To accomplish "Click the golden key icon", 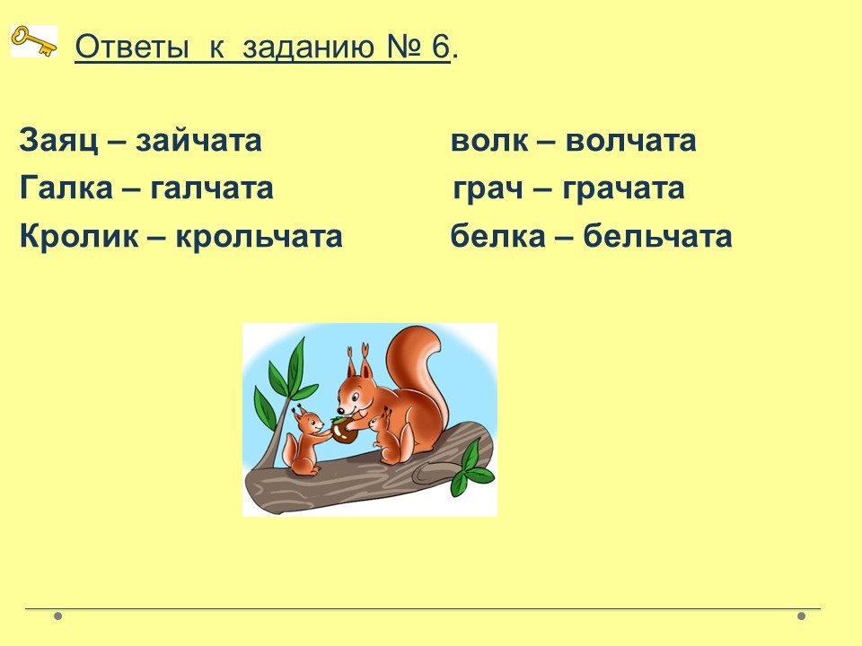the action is tap(34, 41).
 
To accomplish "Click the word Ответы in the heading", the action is tap(132, 47).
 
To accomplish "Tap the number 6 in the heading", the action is tap(440, 46).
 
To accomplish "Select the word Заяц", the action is tap(59, 140).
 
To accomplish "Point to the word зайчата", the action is tap(198, 140).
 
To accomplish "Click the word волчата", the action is tap(630, 140).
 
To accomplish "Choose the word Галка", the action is tap(66, 188).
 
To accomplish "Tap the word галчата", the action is tap(212, 188).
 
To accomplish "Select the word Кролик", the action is tap(79, 237).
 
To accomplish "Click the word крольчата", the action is tap(259, 237).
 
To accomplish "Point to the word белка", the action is tap(498, 236).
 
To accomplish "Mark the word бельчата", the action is tap(657, 236).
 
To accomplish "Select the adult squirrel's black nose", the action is tap(341, 410).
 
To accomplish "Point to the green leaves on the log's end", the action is tap(471, 468).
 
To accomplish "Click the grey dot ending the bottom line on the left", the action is tap(57, 615).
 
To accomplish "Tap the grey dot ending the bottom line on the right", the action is tap(801, 615).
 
